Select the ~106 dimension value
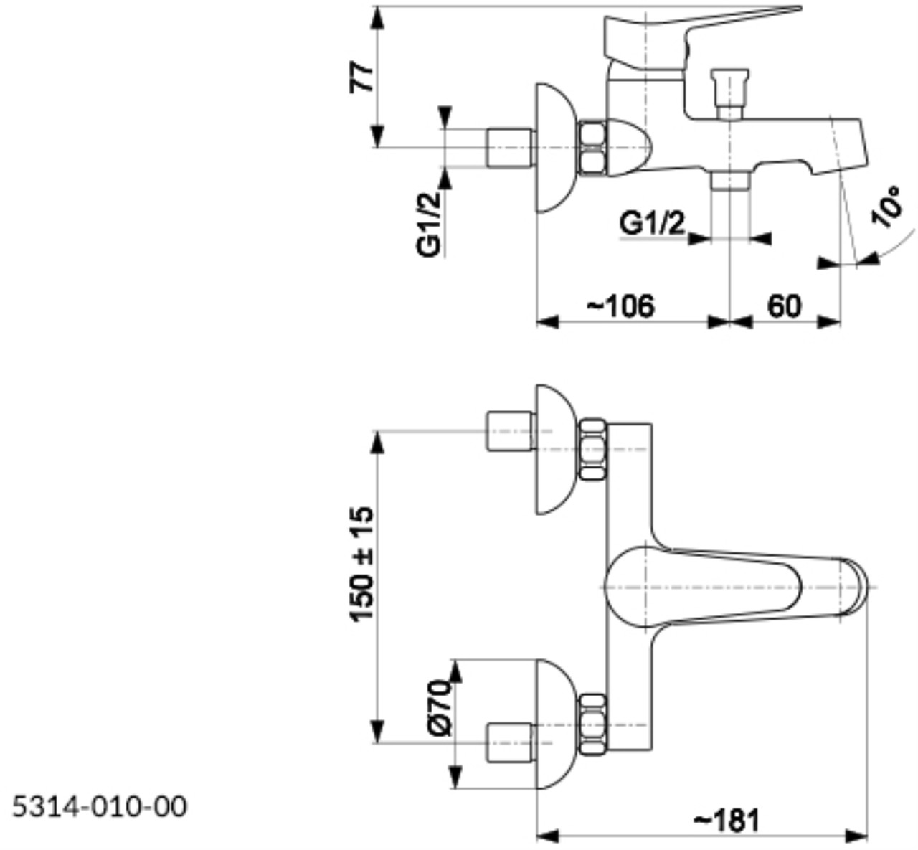click(x=621, y=306)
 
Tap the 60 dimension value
click(x=785, y=306)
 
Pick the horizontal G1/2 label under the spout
click(x=652, y=225)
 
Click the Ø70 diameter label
click(x=440, y=707)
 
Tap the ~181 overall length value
click(x=727, y=820)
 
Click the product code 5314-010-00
click(x=100, y=806)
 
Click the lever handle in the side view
click(x=688, y=29)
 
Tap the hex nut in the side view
click(x=592, y=148)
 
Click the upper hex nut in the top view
click(x=592, y=450)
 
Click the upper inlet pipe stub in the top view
click(x=510, y=431)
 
